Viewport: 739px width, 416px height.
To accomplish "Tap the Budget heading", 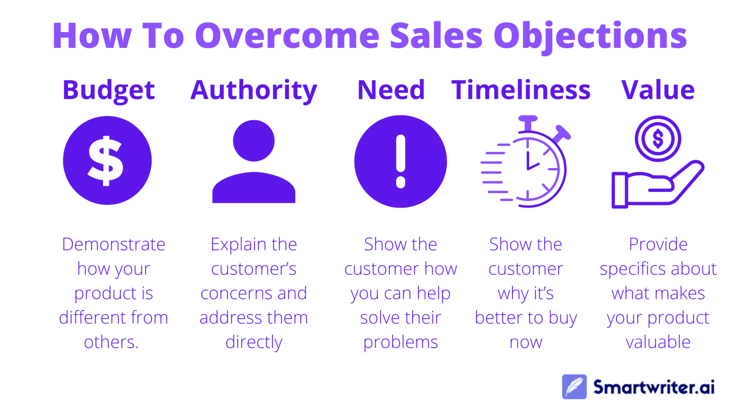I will (109, 90).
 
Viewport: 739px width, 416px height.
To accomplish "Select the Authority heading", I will (254, 90).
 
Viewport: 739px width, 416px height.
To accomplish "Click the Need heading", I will (391, 90).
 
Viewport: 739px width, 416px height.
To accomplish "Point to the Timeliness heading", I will (521, 90).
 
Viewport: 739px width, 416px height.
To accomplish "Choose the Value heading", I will (658, 90).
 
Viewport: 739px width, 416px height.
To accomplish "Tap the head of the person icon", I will (254, 141).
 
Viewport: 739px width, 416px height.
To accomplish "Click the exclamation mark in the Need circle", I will (401, 161).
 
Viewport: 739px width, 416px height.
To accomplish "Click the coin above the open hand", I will (658, 139).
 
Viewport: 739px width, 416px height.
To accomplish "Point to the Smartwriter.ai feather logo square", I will (574, 387).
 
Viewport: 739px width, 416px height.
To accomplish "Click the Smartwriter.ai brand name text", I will (654, 387).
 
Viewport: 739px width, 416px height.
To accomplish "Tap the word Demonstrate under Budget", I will (113, 244).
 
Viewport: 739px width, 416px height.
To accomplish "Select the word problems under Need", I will (401, 342).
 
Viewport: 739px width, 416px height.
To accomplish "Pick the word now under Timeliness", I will (526, 342).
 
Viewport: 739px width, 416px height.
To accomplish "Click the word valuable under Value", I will (658, 342).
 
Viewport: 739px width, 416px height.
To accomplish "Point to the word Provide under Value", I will (658, 244).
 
